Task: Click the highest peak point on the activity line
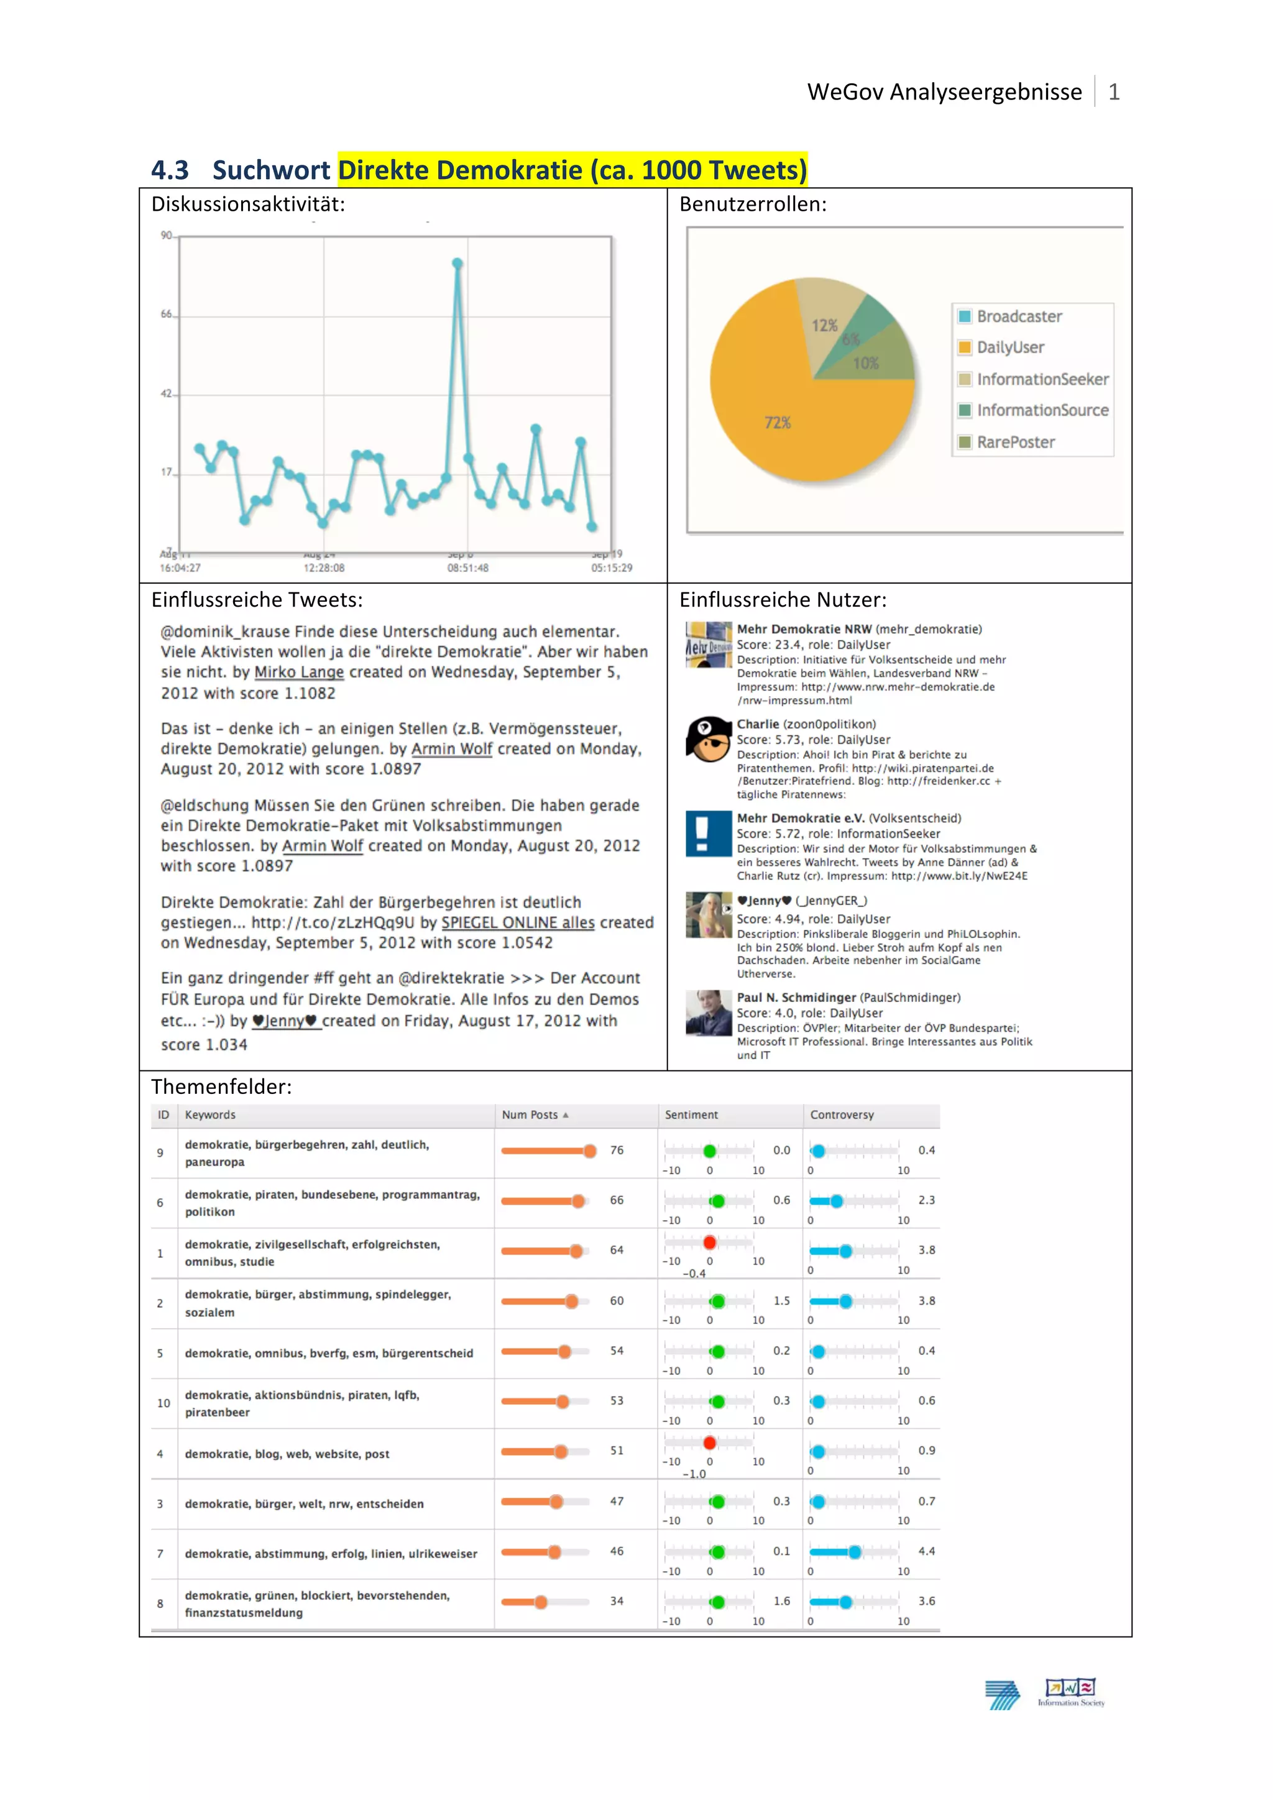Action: pos(457,264)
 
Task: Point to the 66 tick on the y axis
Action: pos(166,315)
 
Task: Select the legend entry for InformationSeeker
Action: pos(1042,379)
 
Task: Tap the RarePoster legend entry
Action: pos(1015,442)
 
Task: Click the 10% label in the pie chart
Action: pos(865,364)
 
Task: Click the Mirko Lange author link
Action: pos(298,673)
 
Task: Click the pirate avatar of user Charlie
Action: pos(708,739)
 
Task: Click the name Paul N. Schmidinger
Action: pos(796,997)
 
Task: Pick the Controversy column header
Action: pos(841,1115)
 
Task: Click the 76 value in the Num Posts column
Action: pos(617,1150)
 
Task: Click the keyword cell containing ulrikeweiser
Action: pos(331,1554)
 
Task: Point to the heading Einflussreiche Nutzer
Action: pos(783,600)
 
